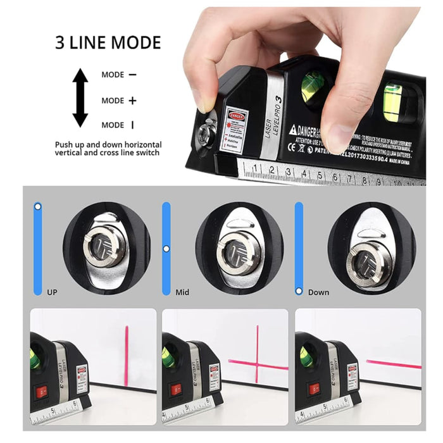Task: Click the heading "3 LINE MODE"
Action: tap(108, 43)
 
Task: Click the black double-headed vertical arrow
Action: tap(80, 98)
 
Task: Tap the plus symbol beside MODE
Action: tap(132, 100)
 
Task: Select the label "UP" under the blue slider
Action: tap(53, 292)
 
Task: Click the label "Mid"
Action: tap(183, 292)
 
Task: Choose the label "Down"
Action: tap(318, 292)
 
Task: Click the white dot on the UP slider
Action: tap(38, 206)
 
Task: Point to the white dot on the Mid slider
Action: tap(166, 249)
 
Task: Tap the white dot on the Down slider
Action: tap(299, 290)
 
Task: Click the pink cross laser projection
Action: tap(256, 362)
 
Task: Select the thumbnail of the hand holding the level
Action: tap(304, 95)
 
